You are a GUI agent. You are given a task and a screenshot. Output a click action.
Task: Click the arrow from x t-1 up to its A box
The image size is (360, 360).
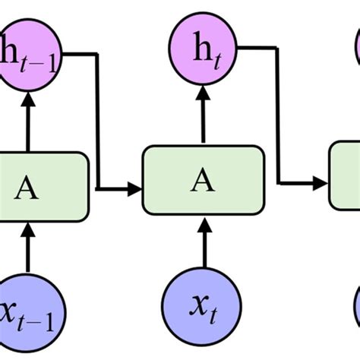tap(28, 247)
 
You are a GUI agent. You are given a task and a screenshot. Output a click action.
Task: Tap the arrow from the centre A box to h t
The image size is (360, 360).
tap(203, 114)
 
